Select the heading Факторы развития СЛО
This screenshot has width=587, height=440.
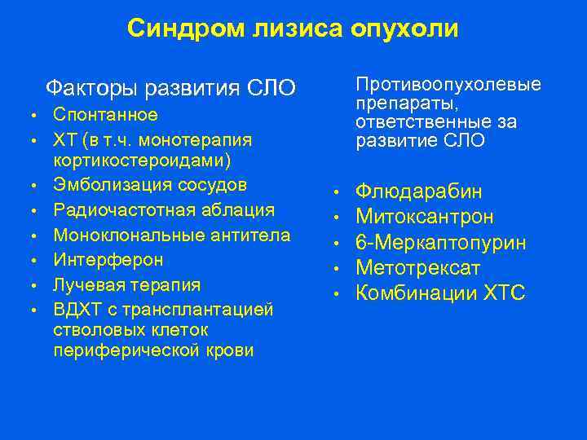(x=170, y=86)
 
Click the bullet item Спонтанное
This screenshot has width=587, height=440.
(x=105, y=114)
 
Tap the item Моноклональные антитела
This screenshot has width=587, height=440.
(x=171, y=235)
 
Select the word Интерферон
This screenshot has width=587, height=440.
(x=108, y=260)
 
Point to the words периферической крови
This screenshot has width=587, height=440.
(x=153, y=350)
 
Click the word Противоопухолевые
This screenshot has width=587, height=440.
(x=448, y=86)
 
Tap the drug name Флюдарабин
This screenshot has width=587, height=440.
(x=418, y=192)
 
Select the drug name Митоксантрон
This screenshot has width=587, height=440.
(x=424, y=218)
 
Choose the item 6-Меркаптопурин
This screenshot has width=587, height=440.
(x=440, y=243)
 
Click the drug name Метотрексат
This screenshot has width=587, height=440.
(x=417, y=268)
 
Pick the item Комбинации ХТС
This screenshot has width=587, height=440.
(x=440, y=293)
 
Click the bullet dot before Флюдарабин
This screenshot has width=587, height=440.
(x=335, y=193)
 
